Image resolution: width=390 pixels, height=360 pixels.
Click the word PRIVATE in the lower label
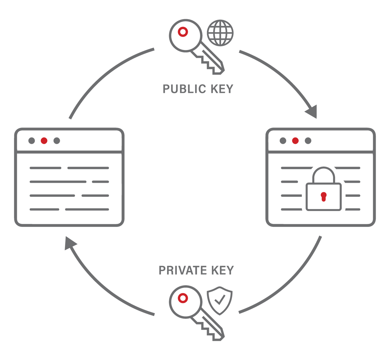[183, 270]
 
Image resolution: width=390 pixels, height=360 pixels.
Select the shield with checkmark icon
[220, 300]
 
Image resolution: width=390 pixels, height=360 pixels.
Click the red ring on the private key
[183, 298]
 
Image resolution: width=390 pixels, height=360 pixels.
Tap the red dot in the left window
[44, 141]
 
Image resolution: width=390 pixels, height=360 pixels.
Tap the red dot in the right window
[295, 141]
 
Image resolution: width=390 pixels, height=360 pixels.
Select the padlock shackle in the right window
[323, 175]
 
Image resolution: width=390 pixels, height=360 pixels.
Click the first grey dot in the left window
[32, 141]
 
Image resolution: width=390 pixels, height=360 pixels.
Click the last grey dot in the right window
[308, 141]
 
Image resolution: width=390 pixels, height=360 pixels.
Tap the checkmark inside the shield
[220, 300]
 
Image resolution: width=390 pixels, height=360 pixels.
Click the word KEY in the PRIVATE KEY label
[222, 270]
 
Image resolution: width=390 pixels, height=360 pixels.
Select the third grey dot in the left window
[57, 141]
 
